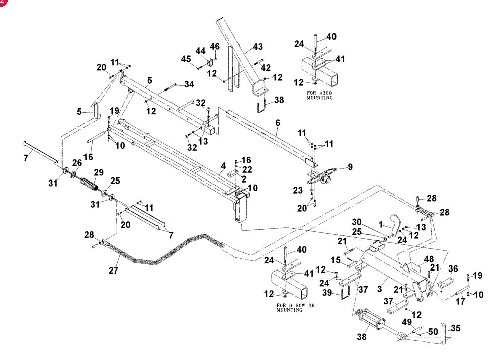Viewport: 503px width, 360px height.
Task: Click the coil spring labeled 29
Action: point(89,184)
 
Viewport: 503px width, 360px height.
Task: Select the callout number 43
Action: point(258,47)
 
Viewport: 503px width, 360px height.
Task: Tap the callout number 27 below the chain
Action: point(113,271)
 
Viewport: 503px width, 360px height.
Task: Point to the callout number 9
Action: point(350,167)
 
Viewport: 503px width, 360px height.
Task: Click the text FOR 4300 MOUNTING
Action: point(319,95)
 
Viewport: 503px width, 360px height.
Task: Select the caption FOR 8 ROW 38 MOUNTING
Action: point(295,307)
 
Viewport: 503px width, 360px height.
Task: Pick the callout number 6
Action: point(278,123)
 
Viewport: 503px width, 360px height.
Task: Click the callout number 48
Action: point(429,259)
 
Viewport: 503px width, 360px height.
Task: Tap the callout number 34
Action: point(189,84)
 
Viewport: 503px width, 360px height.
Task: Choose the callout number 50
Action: point(433,332)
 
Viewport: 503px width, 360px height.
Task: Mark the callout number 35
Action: point(456,328)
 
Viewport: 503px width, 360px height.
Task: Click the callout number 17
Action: point(460,301)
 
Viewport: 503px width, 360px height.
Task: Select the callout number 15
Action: point(336,260)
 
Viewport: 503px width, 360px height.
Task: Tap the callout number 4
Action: point(223,166)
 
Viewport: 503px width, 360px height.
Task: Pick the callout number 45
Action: point(186,59)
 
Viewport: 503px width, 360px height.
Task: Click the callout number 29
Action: point(99,172)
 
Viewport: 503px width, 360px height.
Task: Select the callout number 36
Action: point(453,268)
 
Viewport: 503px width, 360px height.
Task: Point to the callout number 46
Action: point(215,47)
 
